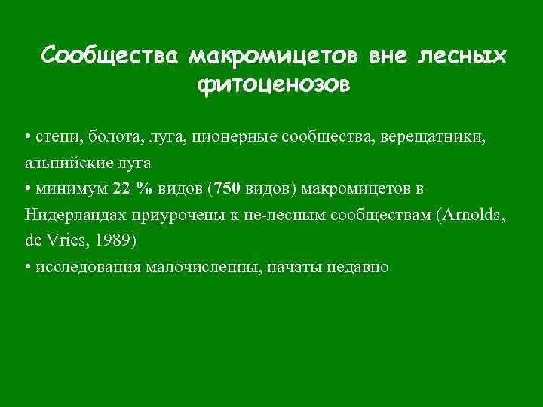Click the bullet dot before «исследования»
(28, 267)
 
